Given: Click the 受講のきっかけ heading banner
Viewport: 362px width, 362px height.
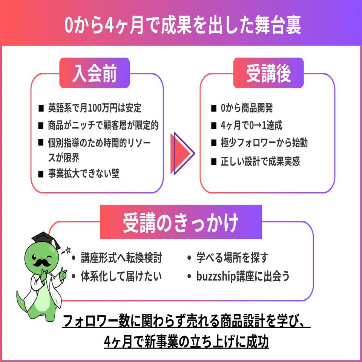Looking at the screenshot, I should tap(181, 223).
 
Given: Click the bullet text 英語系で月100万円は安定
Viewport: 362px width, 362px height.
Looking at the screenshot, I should tap(94, 108).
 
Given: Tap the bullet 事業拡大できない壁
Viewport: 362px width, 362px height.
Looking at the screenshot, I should tap(83, 174).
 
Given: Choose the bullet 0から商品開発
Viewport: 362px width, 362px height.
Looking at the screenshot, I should tap(247, 108).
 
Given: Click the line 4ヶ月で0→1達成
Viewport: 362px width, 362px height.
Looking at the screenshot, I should tap(252, 125).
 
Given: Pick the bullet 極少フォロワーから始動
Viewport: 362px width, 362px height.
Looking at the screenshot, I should tap(264, 143).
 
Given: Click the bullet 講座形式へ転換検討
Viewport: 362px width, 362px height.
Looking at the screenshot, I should tap(121, 258).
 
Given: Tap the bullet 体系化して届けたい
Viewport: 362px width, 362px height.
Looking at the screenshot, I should tap(121, 276).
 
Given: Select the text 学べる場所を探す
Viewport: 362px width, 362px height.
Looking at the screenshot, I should tap(232, 258).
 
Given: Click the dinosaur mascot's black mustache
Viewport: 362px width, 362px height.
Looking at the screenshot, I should tap(41, 261).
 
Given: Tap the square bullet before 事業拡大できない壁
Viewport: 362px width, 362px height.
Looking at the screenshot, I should tap(41, 174).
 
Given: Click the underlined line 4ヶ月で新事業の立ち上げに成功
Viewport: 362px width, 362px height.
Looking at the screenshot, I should tap(186, 342).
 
